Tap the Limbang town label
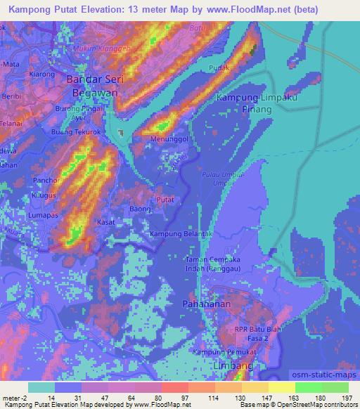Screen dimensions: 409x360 [228, 367]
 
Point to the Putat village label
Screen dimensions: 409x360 [165, 200]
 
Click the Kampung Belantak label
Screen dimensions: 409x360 [181, 233]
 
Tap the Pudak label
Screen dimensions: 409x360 [220, 69]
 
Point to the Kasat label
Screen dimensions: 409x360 [108, 221]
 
